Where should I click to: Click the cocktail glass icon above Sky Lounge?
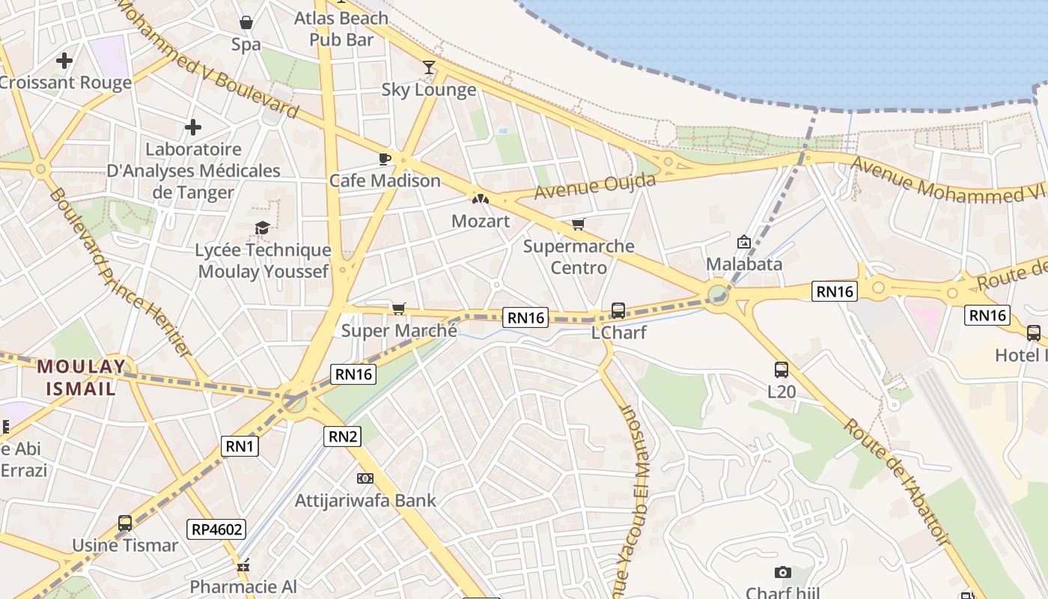428,67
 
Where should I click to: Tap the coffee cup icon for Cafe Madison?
385,158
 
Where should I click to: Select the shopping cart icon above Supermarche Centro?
578,224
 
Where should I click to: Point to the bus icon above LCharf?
618,310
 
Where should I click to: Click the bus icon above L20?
782,369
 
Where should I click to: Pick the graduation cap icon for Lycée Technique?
262,228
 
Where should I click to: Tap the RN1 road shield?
241,447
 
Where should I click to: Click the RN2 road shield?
343,436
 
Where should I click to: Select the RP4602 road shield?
217,529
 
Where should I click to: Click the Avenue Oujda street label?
595,186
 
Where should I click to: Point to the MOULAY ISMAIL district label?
82,377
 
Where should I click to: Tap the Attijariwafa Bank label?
365,500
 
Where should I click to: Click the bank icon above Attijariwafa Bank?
365,478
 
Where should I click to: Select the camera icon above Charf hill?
783,573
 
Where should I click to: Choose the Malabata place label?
744,264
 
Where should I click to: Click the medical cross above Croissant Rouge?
64,61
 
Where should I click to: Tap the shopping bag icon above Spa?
246,23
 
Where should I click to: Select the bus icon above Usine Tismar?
125,523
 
